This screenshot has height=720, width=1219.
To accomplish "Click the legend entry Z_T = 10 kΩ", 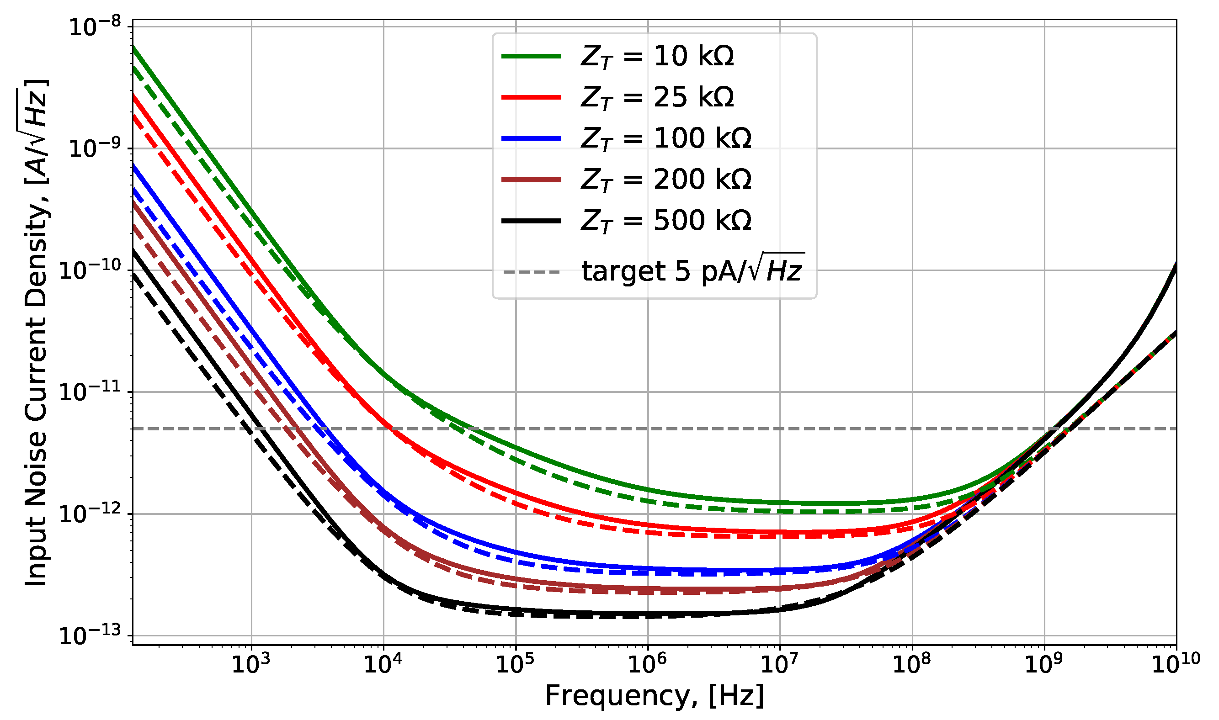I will [657, 56].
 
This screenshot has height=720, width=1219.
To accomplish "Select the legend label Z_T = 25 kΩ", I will [657, 97].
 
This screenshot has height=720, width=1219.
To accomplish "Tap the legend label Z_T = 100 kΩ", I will [666, 139].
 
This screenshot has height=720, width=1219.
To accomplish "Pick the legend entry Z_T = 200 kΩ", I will [666, 180].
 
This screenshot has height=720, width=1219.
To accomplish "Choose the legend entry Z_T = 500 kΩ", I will [666, 221].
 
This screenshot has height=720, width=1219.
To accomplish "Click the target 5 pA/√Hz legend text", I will [692, 270].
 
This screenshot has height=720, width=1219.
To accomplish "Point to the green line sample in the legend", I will [532, 56].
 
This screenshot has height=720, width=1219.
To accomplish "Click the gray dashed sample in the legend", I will [532, 272].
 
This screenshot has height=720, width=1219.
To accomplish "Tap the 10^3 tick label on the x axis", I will [251, 665].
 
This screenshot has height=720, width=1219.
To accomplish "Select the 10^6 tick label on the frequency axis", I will [647, 665].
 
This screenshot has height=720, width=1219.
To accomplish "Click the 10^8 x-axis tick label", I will [912, 665].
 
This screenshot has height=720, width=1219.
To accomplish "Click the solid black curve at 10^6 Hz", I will [648, 614].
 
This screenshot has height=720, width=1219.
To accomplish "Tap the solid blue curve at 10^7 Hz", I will [780, 570].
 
